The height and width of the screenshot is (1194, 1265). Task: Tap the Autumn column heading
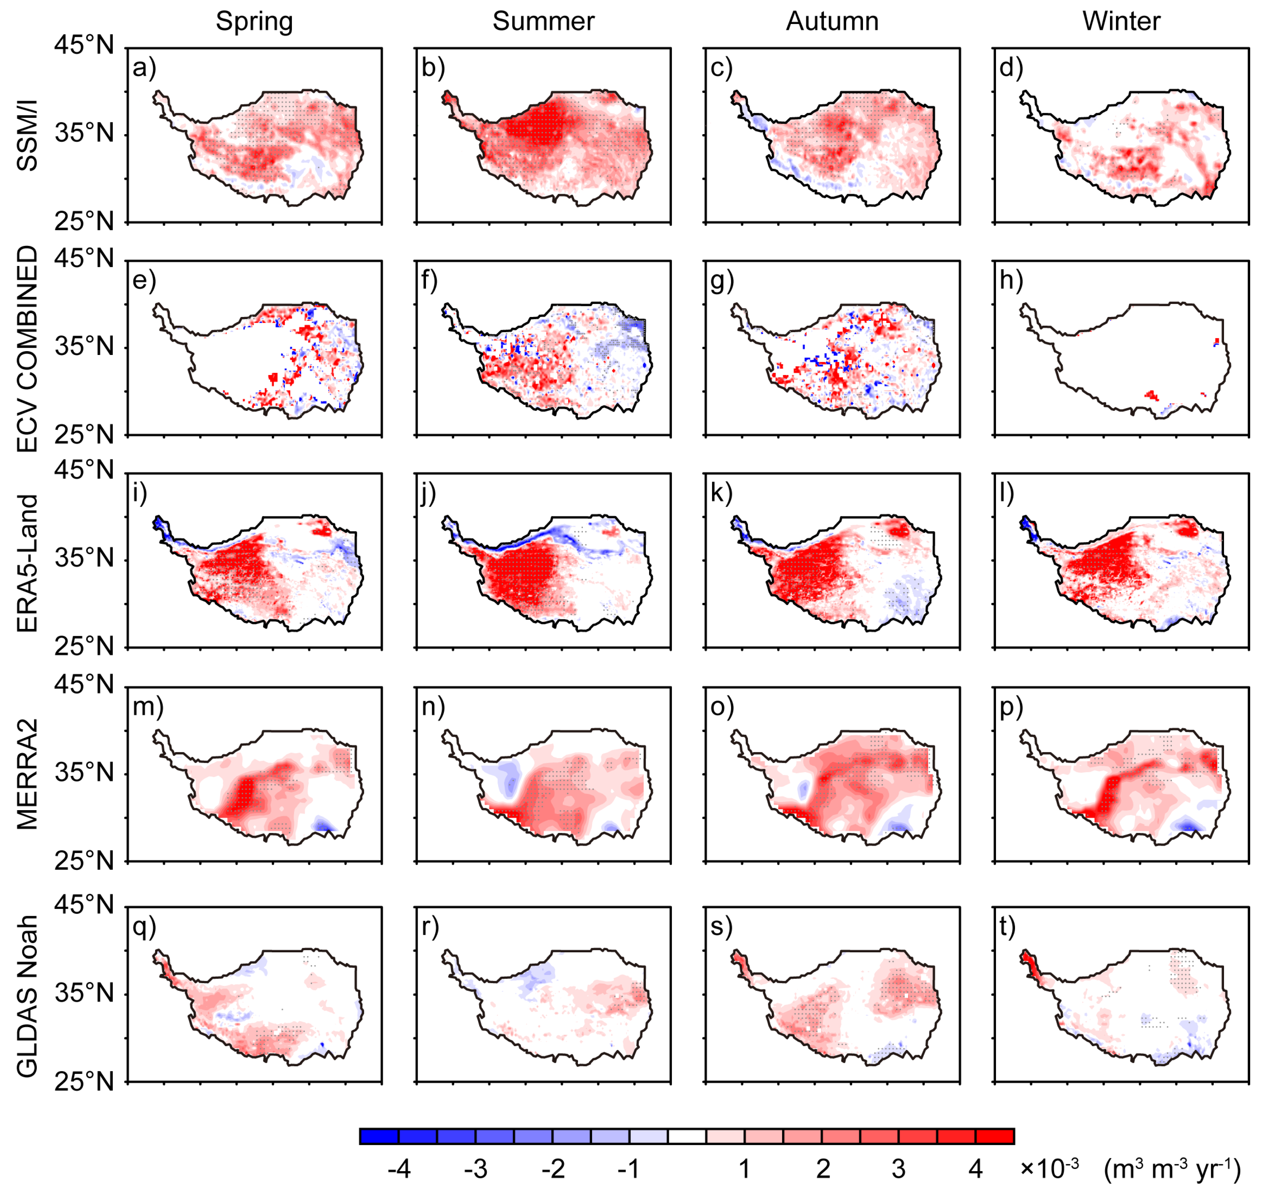click(832, 22)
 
